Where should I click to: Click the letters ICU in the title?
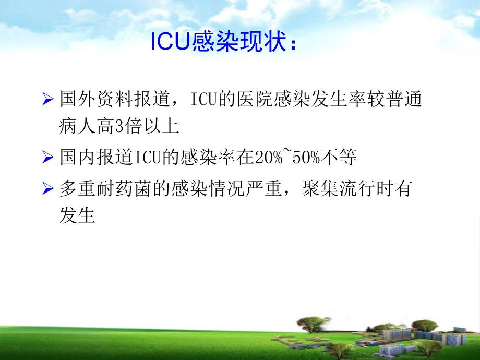point(167,43)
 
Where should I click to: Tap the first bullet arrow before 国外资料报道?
point(48,100)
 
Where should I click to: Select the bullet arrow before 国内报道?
point(48,158)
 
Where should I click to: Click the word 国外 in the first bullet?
point(78,99)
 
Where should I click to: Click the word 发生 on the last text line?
point(78,216)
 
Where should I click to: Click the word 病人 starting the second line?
point(78,126)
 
